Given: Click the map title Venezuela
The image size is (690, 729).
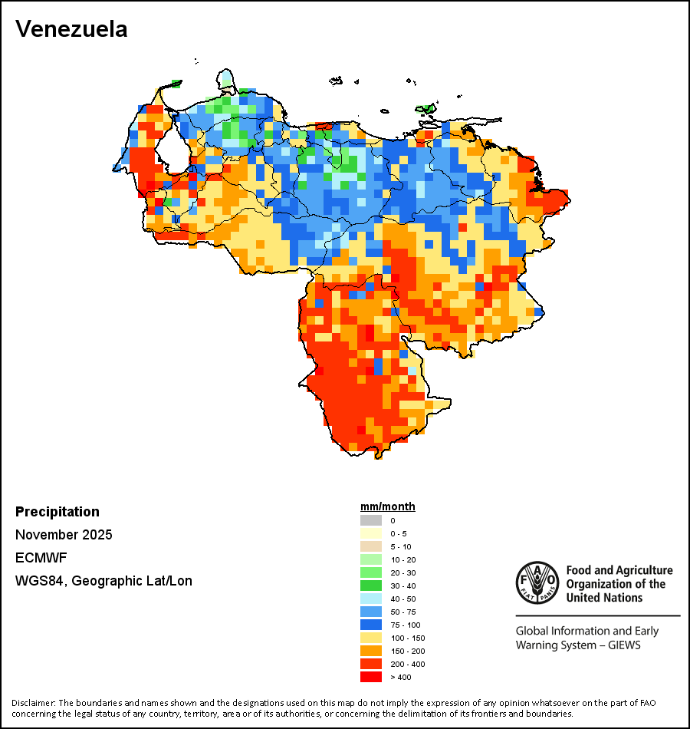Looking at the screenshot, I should [x=71, y=30].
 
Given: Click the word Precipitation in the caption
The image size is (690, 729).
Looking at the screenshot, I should [x=58, y=512].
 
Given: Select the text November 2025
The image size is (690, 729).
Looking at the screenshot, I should [x=64, y=535].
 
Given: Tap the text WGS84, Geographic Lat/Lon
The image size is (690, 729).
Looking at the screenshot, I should [x=103, y=581].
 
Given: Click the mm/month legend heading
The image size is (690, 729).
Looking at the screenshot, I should [x=387, y=506].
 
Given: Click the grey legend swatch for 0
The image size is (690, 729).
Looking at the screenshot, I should [x=370, y=521].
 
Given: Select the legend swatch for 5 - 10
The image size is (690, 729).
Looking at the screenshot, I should [x=370, y=546].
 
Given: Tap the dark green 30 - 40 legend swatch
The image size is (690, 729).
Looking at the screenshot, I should [x=370, y=586].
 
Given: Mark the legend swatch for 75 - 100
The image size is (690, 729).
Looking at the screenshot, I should [x=370, y=625].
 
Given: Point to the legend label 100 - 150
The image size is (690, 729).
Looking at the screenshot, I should [x=408, y=638].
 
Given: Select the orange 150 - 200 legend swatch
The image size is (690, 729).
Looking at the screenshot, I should [x=370, y=651].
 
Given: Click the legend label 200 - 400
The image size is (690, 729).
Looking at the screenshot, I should [x=408, y=664].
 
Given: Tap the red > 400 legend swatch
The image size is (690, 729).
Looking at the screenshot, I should [x=370, y=677].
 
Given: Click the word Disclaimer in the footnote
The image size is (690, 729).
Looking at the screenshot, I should [x=33, y=703].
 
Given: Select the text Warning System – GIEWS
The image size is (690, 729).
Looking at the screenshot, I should [x=578, y=645].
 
